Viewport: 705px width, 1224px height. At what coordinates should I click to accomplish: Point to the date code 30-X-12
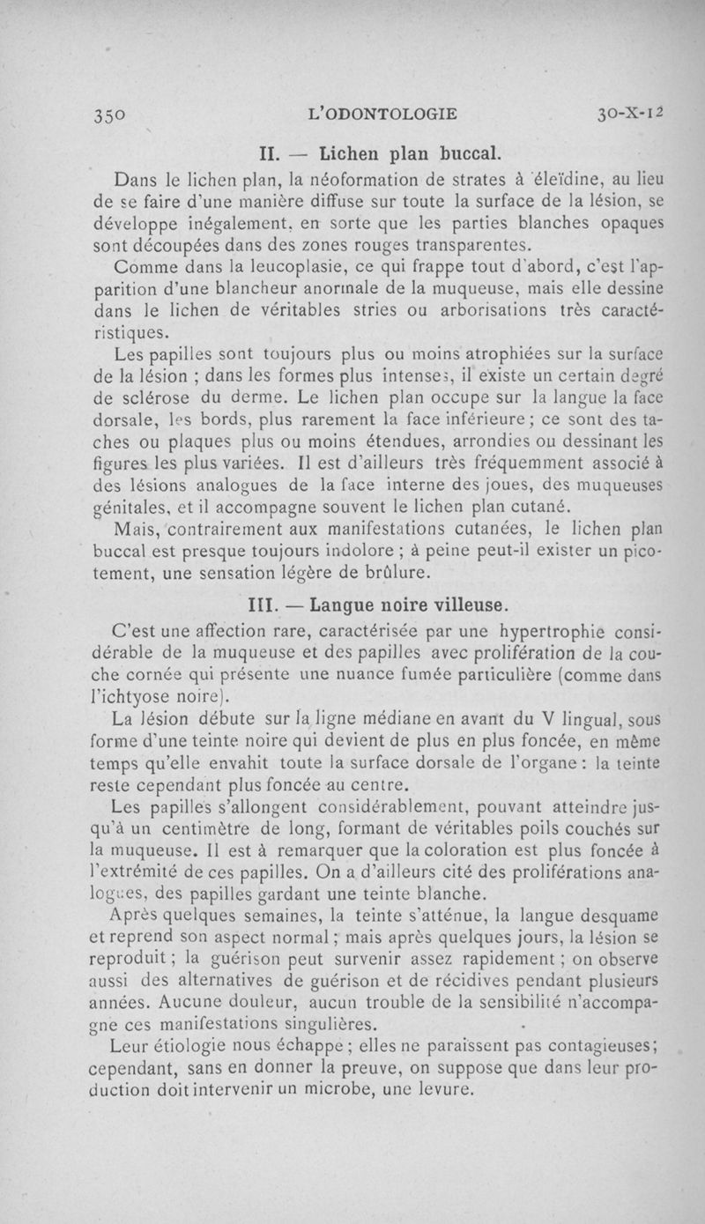coord(629,114)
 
